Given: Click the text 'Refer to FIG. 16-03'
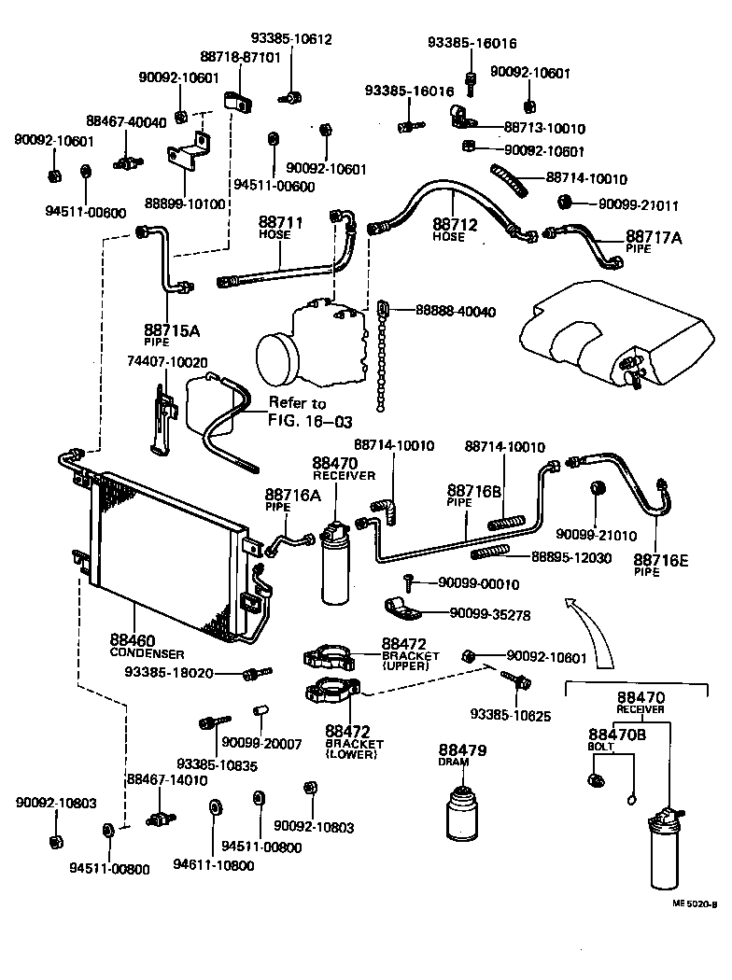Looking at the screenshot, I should [x=299, y=411].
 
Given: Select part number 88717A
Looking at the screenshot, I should [x=655, y=238].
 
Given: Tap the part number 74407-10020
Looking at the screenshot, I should [x=167, y=361].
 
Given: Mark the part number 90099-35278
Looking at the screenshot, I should [x=490, y=614].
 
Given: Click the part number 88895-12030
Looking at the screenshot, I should [x=571, y=557].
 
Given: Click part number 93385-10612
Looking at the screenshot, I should [x=291, y=40].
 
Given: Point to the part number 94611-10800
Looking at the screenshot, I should [x=213, y=864].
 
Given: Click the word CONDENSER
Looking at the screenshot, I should [x=147, y=653].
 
